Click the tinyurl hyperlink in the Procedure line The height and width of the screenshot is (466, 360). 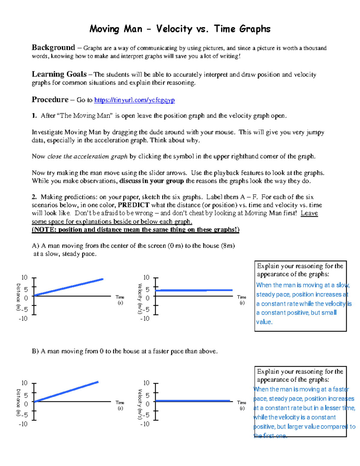coord(134,100)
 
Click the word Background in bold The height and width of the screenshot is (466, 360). coord(53,48)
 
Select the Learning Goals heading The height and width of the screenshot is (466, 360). coord(59,74)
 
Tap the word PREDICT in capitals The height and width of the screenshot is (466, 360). coord(133,205)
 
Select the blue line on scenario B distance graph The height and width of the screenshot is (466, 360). coord(66,392)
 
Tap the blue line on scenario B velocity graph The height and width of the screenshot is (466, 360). coord(192,401)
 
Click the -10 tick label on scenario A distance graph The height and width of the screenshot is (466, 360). coord(23,318)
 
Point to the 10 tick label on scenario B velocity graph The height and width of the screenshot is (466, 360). coord(146,383)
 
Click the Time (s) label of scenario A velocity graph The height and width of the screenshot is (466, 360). coord(241,300)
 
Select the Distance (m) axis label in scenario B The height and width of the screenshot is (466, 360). coord(18,402)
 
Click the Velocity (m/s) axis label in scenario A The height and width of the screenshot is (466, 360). coord(140,299)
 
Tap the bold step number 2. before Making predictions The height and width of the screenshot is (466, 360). coord(34,197)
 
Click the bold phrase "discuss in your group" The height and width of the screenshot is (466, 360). coord(151,181)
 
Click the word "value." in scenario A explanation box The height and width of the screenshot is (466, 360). coord(264,322)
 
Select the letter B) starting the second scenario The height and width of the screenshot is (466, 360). coord(35,351)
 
